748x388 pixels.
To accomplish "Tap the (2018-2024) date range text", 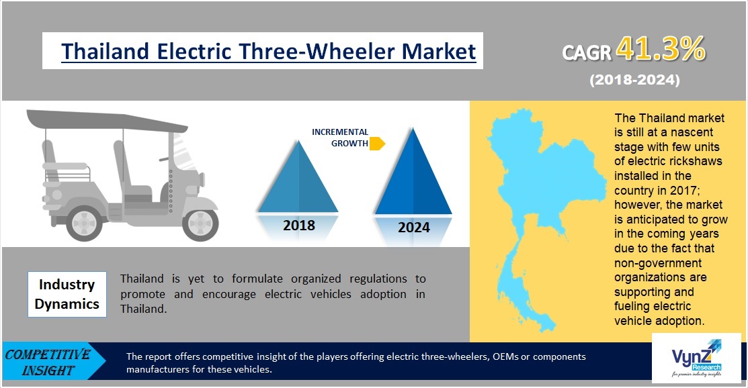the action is [635, 80].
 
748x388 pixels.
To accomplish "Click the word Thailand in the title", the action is [106, 51].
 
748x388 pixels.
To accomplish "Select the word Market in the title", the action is [439, 51].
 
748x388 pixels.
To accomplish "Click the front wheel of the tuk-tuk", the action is [200, 223].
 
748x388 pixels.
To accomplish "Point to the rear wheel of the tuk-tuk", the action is [85, 223].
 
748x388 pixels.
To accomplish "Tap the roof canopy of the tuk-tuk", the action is [106, 121].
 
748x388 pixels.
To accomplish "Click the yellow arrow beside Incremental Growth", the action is [377, 144].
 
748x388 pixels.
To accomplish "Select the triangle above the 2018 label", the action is [298, 177].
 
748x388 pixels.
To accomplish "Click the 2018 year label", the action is [299, 225].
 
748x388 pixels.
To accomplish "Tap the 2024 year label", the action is [414, 228].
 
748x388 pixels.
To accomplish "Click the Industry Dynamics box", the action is [67, 294].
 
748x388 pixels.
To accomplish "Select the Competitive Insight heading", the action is [48, 362].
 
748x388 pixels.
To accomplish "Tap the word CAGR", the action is [587, 52].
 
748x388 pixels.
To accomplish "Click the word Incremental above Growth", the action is [340, 132].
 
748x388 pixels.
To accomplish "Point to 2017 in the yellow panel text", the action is [684, 190].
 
